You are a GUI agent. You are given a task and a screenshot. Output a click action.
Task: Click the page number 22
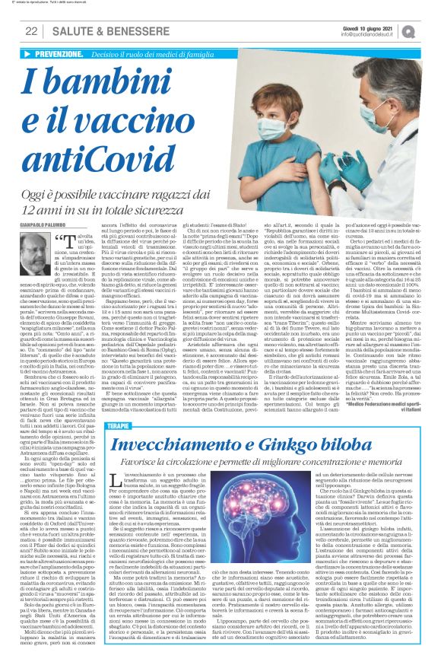tap(30, 31)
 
